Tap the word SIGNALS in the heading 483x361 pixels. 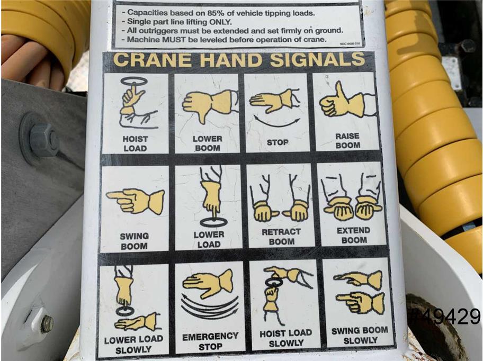[x=318, y=59]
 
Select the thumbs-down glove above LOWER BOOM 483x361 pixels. [x=210, y=105]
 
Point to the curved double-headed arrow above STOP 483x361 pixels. [x=276, y=125]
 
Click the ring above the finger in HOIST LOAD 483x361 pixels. [x=134, y=81]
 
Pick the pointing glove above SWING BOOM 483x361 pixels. [x=136, y=201]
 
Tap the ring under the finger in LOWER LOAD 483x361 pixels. [x=213, y=222]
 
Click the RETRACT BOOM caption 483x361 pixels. [x=281, y=237]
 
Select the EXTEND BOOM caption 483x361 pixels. [x=354, y=235]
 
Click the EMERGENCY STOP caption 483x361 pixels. [x=210, y=341]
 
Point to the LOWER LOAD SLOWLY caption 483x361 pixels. [x=133, y=345]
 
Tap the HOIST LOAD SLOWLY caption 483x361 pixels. [x=286, y=338]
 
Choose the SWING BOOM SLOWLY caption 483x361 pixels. [x=360, y=335]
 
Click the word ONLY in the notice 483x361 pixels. [x=220, y=22]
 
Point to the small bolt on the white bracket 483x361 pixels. [x=47, y=324]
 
